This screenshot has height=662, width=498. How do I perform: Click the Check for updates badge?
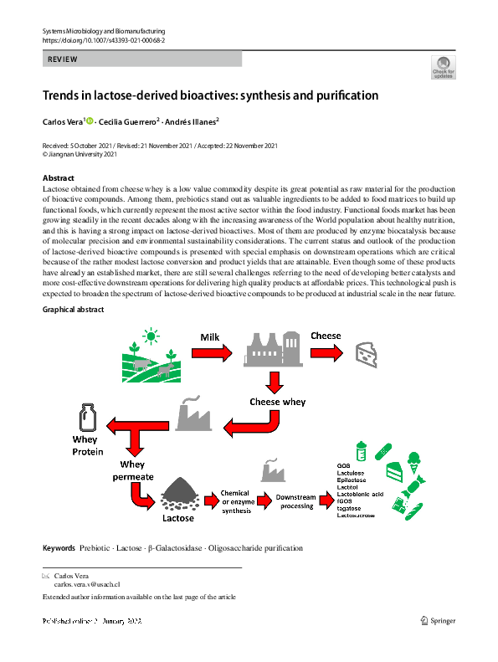pos(443,67)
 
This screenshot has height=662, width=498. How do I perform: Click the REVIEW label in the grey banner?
pos(63,59)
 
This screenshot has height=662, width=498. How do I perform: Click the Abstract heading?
pos(58,178)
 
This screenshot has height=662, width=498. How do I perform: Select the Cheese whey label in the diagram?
pos(277,402)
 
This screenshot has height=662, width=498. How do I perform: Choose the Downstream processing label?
pos(296,501)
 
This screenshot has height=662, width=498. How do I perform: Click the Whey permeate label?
pos(132,470)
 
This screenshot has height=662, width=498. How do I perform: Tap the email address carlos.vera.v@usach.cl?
pos(87,585)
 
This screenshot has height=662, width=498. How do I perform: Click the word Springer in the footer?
pos(443,620)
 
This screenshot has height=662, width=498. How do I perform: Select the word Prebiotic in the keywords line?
pos(97,548)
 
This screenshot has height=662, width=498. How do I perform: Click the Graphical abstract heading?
pos(74,310)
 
